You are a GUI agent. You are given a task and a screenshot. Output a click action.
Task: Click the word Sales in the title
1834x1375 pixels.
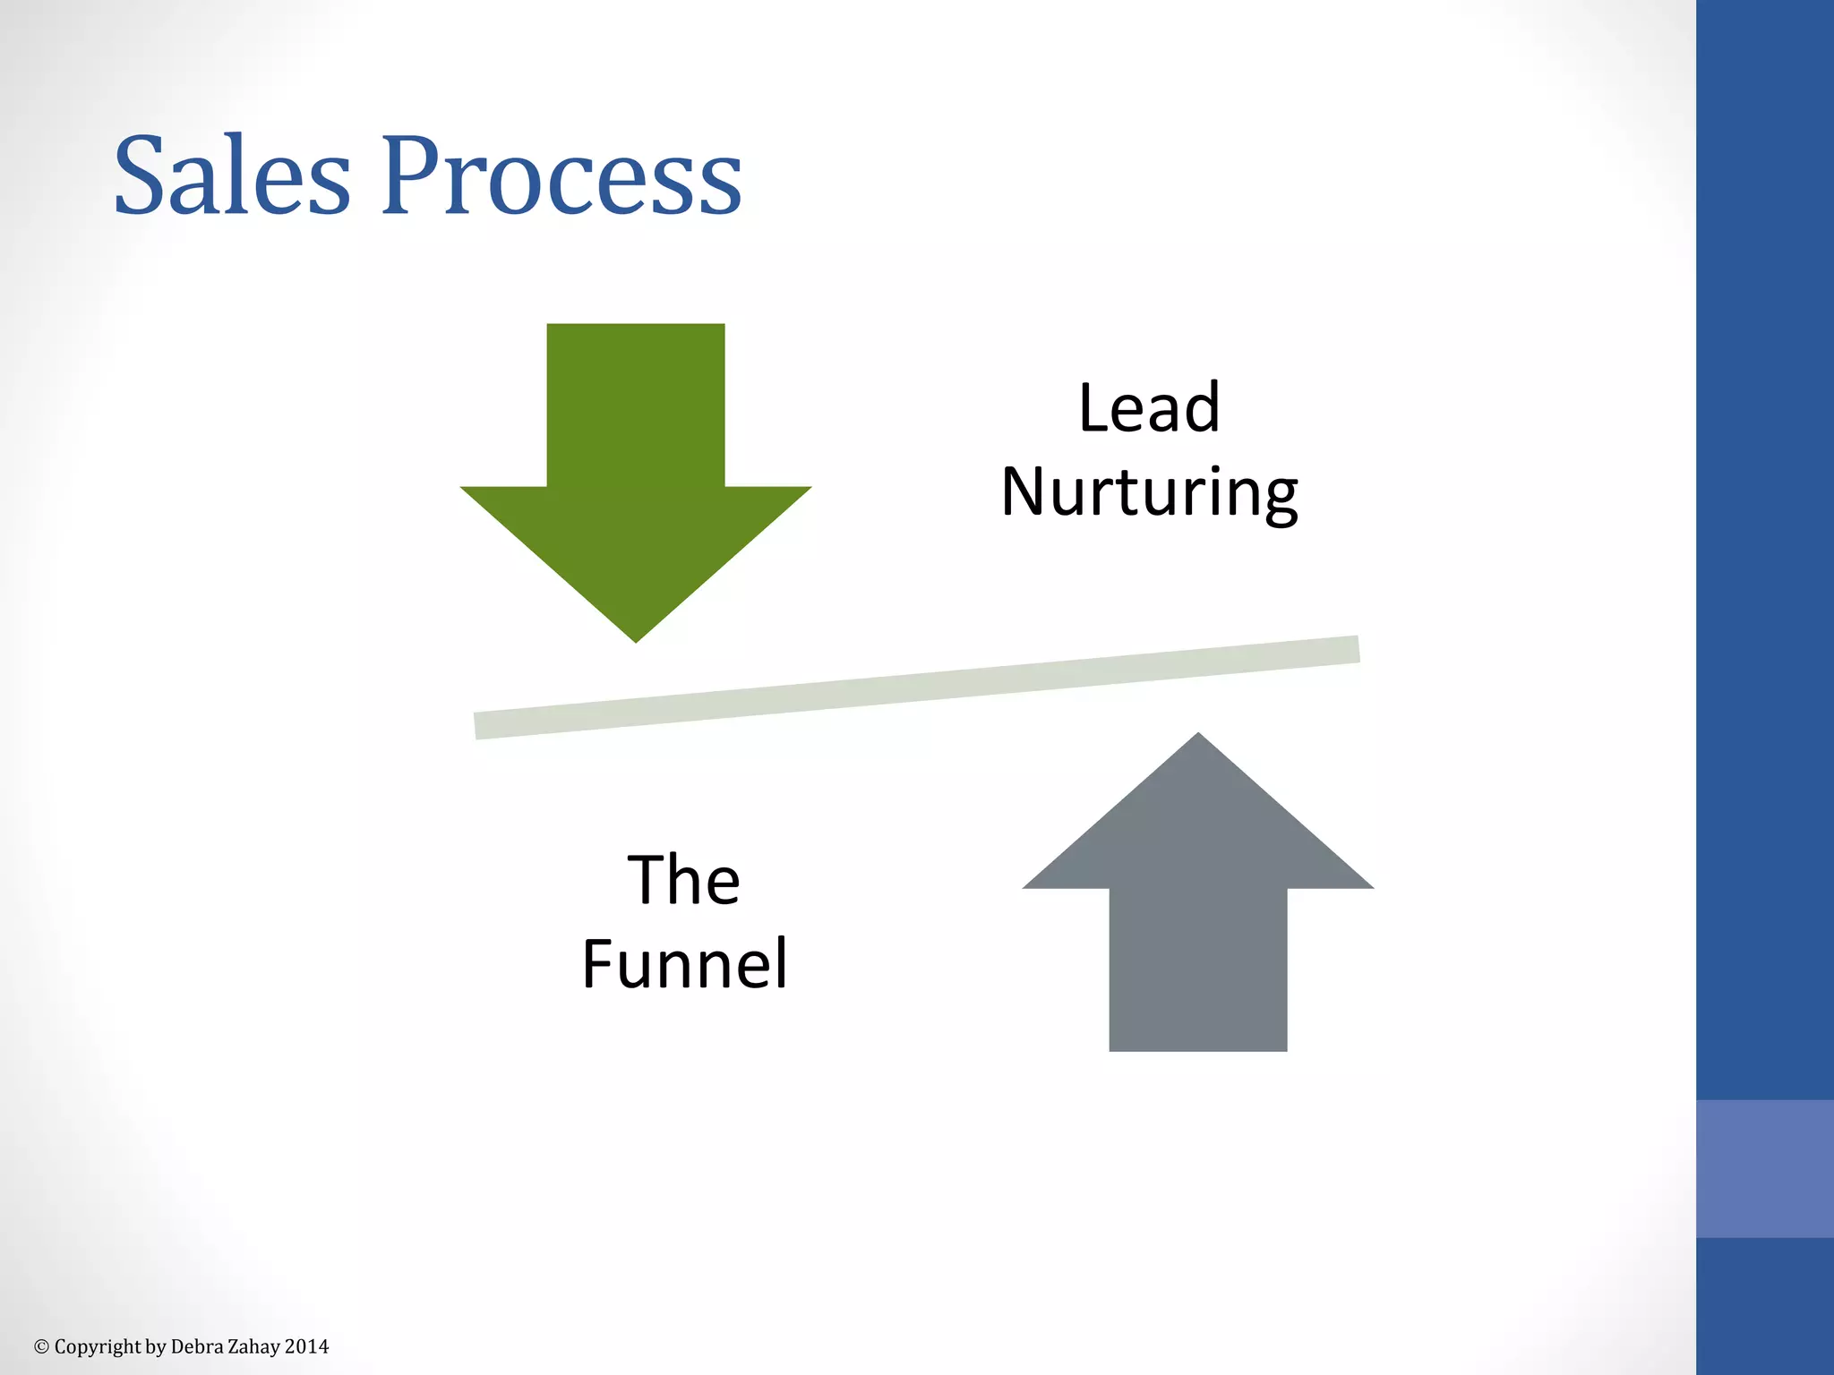tap(232, 175)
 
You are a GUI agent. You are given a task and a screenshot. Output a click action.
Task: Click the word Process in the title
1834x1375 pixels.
tap(562, 175)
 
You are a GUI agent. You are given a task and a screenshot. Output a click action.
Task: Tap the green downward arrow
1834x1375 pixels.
tap(636, 465)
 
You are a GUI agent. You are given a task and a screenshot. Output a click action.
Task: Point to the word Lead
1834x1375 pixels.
tap(1149, 408)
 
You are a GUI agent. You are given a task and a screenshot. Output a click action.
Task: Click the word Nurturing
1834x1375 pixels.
tap(1149, 492)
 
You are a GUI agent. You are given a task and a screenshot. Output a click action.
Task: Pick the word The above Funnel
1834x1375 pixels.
tap(684, 880)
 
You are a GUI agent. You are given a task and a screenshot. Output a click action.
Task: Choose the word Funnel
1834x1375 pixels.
tap(684, 964)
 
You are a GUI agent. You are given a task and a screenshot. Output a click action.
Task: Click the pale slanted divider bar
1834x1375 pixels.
tap(917, 687)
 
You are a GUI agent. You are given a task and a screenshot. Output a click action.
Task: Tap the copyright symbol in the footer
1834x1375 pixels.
tap(41, 1346)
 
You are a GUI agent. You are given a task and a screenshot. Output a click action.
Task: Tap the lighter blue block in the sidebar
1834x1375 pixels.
tap(1765, 1168)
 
